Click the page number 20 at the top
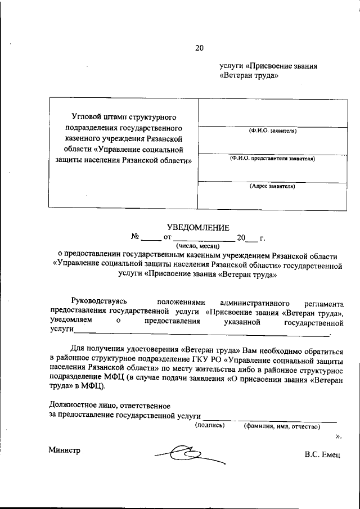point(199,47)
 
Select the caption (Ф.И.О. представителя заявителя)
point(273,159)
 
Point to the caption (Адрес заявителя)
point(273,186)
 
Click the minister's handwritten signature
point(188,452)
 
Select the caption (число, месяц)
point(196,246)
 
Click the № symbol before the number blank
point(135,237)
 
